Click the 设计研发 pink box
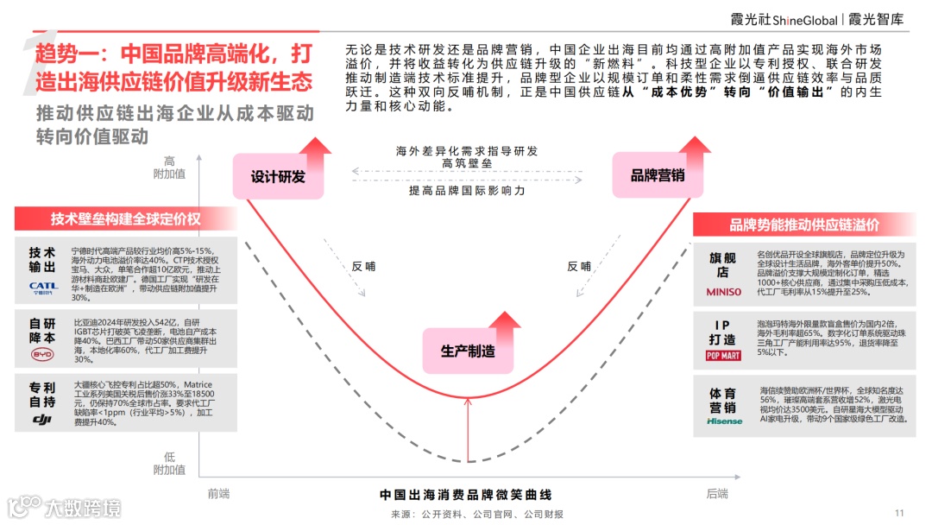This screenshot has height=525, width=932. coord(278,176)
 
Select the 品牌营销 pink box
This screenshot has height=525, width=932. coord(658,175)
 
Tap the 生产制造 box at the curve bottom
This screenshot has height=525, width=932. coord(469,351)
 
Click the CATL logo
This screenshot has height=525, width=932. coord(43,286)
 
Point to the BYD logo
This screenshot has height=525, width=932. coord(42,355)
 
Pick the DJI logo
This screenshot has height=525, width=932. coord(43,419)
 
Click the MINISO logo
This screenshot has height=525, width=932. coord(723,292)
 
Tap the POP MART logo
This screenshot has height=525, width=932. coord(723,356)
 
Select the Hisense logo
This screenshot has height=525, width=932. coord(723,421)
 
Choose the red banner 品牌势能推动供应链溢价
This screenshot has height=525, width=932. coord(804,225)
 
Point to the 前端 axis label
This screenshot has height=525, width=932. coord(219,494)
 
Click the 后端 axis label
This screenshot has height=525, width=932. coord(716,494)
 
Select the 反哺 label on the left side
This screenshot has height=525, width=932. coord(363,266)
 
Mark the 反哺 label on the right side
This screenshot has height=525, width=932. coord(578,266)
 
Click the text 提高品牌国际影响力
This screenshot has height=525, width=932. coord(467,190)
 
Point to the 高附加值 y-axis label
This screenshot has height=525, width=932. coord(169,168)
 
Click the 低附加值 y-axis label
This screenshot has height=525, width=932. coord(169,464)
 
